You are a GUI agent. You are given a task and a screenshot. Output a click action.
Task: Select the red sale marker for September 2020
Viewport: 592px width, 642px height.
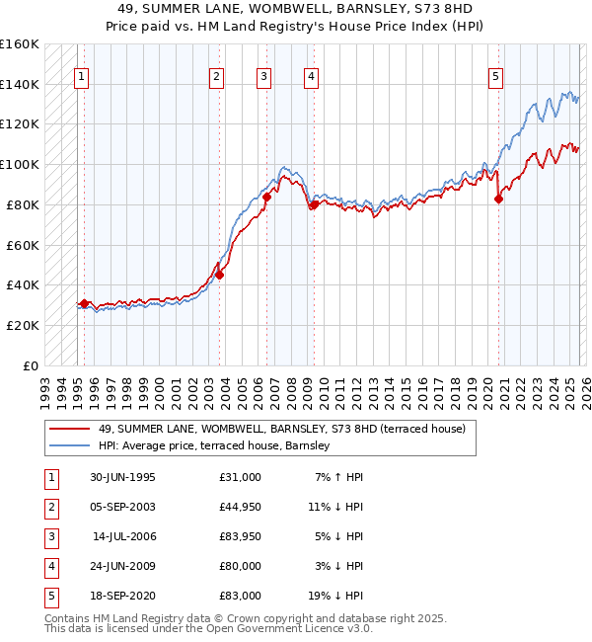pos(498,199)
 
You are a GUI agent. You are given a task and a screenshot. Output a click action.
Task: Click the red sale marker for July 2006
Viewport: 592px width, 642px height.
pos(266,198)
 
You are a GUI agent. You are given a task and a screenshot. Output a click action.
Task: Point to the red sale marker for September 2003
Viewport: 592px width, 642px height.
pos(220,276)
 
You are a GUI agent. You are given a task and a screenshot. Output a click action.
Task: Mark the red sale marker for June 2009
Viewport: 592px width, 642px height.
pos(314,204)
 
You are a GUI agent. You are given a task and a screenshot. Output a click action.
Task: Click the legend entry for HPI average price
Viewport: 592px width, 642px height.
pos(218,446)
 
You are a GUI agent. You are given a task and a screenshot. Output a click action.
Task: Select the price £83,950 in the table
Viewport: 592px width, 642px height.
pos(241,536)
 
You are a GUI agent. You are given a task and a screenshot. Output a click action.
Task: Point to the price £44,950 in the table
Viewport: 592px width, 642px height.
pos(241,507)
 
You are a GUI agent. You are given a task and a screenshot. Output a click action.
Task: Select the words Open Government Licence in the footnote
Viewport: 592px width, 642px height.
pos(266,628)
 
